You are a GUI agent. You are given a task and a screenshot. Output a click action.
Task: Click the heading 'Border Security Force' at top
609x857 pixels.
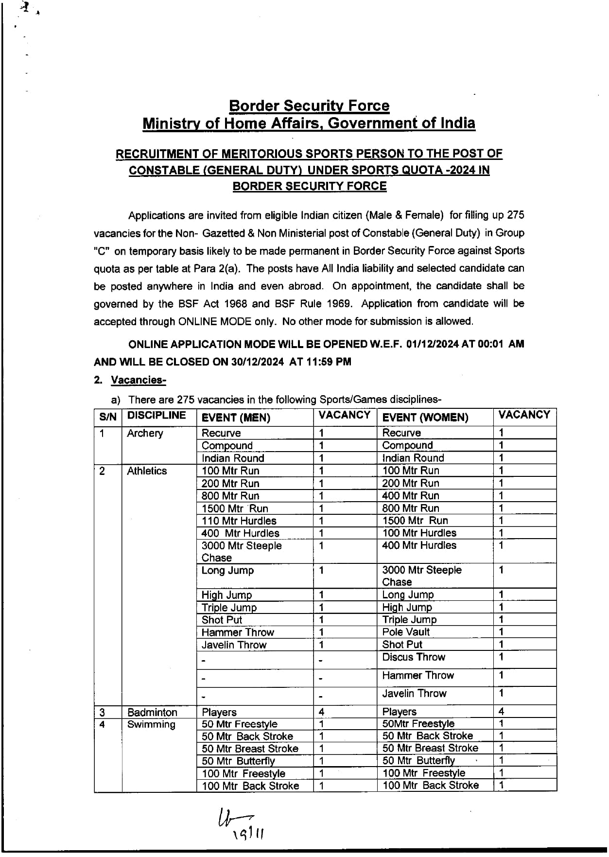click(x=309, y=105)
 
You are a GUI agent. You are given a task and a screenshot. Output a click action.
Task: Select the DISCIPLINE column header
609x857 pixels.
click(x=157, y=416)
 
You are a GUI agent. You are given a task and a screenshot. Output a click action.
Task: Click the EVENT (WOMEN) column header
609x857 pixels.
click(x=425, y=418)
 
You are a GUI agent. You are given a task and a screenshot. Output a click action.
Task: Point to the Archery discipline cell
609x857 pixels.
click(x=145, y=433)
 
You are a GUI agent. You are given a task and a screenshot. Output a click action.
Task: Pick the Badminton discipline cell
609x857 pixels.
click(x=152, y=712)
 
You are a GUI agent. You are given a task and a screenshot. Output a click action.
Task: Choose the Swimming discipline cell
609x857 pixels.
click(x=151, y=724)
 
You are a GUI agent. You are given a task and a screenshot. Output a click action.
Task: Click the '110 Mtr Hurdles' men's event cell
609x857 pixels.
click(x=239, y=521)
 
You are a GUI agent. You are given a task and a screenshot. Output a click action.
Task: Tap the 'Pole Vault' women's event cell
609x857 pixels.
click(x=406, y=632)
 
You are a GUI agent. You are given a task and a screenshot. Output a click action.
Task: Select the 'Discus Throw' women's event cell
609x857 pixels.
click(x=414, y=657)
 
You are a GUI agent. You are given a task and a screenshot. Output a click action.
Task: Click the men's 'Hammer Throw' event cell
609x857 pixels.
click(x=238, y=632)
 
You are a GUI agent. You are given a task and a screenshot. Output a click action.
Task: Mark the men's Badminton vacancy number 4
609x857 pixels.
click(x=321, y=712)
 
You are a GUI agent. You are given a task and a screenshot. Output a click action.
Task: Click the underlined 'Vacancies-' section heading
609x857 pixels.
click(x=139, y=380)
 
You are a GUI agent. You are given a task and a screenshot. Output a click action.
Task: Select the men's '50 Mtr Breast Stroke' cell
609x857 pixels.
click(x=250, y=749)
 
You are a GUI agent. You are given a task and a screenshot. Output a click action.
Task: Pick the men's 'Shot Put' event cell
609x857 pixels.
click(x=222, y=620)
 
